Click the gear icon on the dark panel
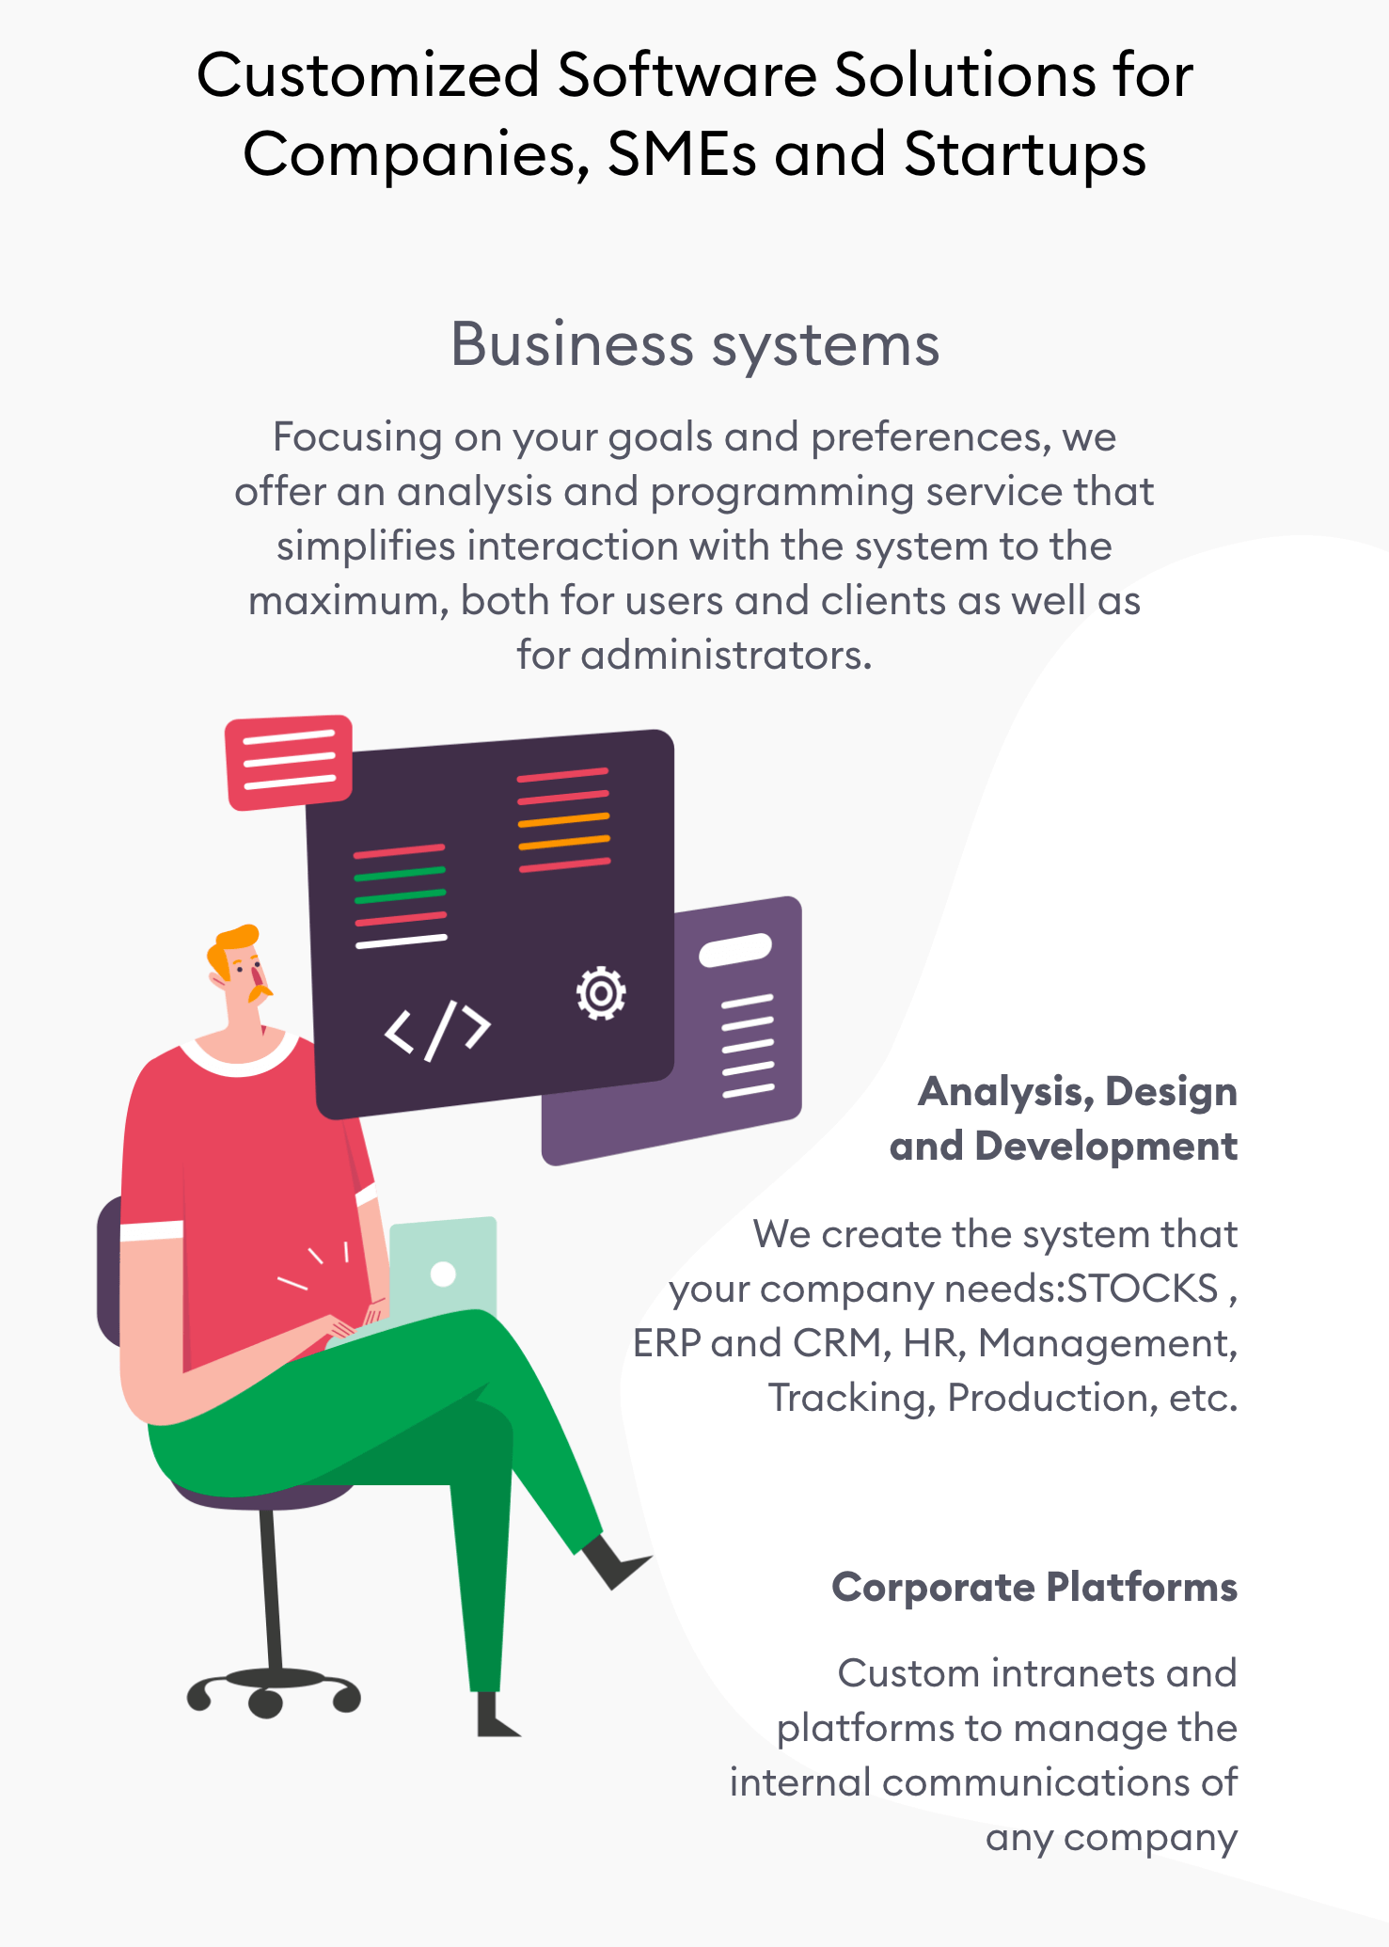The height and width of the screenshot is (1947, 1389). click(601, 993)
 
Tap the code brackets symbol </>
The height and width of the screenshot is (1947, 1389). click(437, 1030)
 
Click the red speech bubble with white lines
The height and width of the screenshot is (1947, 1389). click(289, 761)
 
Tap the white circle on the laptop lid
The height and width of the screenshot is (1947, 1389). click(443, 1274)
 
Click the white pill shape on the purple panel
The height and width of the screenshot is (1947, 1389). click(735, 949)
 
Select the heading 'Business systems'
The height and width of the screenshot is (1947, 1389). click(695, 344)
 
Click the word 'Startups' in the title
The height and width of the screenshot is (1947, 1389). click(1025, 154)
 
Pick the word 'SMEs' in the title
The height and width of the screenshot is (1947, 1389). click(682, 154)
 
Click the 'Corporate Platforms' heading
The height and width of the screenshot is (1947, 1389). click(1034, 1588)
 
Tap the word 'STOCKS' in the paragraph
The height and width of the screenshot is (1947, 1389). click(1143, 1289)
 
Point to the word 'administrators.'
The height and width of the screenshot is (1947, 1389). click(726, 655)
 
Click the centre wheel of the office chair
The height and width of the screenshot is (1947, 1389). click(266, 1702)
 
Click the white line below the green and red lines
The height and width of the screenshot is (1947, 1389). click(402, 941)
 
